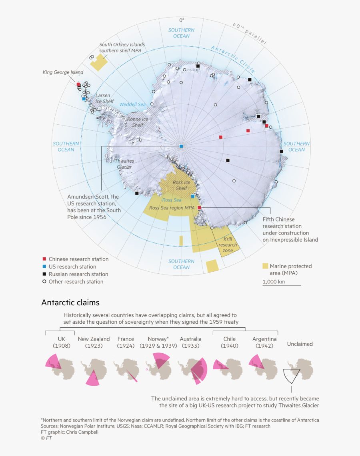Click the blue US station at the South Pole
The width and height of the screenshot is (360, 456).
click(181, 146)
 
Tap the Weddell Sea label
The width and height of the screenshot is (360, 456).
click(133, 105)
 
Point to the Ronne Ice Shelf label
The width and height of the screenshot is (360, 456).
click(138, 122)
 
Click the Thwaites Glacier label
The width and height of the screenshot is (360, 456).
click(124, 164)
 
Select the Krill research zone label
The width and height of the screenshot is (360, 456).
click(228, 245)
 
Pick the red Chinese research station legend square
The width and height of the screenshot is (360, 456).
click(44, 259)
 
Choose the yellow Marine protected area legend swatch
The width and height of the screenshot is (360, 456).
click(265, 266)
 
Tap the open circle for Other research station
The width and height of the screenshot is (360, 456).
click(44, 282)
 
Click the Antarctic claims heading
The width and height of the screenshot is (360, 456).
click(70, 303)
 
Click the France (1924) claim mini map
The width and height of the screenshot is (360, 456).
click(126, 370)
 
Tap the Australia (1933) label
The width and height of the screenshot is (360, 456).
click(191, 342)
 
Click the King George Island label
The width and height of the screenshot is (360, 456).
click(63, 72)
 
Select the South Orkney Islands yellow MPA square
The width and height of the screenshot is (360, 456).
click(99, 62)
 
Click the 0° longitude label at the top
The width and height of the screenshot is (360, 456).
click(181, 20)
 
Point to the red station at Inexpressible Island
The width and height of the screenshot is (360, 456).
click(199, 208)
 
